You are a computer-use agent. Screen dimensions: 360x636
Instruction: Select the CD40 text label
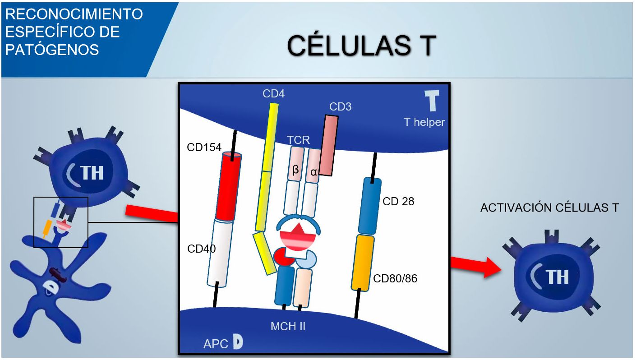click(202, 248)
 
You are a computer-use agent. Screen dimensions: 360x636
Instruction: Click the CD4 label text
click(273, 94)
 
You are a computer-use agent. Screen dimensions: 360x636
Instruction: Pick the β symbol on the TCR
click(296, 170)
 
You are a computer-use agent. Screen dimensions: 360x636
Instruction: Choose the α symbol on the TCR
click(313, 172)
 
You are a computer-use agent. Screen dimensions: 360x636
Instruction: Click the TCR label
click(299, 140)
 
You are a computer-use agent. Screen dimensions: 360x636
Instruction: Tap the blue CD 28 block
click(369, 206)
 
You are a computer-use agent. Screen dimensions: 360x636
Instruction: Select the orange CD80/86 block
click(362, 263)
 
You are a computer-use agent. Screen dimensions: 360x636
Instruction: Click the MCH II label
click(288, 326)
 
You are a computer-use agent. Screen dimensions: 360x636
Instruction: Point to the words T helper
click(424, 122)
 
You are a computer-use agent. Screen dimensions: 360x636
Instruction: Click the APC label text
click(216, 343)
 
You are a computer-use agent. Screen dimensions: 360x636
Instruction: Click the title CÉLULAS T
click(361, 46)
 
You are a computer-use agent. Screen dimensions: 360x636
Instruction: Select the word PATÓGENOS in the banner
click(52, 49)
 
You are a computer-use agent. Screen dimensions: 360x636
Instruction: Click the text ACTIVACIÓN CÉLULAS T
click(549, 208)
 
